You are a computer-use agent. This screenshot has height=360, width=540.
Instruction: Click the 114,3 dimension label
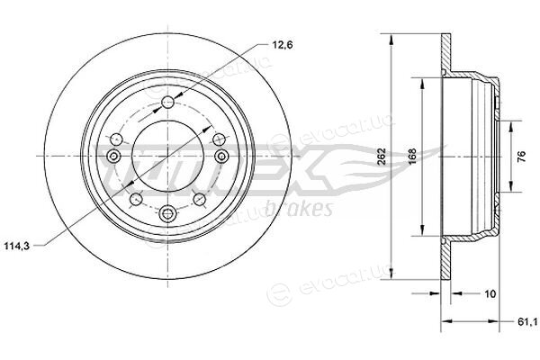pyautogui.click(x=17, y=246)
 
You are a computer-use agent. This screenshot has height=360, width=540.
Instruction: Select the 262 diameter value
pyautogui.click(x=381, y=157)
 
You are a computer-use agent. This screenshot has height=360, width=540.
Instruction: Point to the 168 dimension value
pyautogui.click(x=412, y=157)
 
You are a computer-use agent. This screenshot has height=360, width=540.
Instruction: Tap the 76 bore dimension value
pyautogui.click(x=521, y=157)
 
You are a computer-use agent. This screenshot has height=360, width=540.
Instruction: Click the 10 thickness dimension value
pyautogui.click(x=490, y=294)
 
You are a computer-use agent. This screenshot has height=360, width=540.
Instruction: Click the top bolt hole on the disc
pyautogui.click(x=167, y=102)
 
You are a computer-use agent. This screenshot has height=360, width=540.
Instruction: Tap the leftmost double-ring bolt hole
pyautogui.click(x=113, y=157)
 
